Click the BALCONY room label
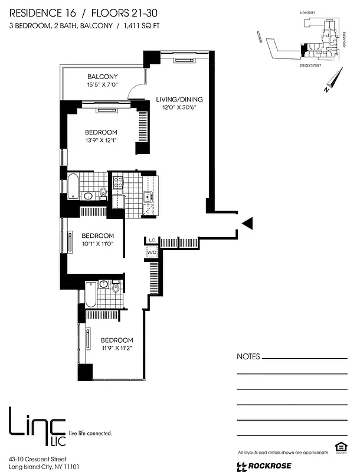[x=103, y=77]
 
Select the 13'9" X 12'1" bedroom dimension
[x=101, y=140]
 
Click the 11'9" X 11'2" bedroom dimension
[x=116, y=348]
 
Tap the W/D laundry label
[x=152, y=253]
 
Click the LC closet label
[x=151, y=240]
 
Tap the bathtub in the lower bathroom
[x=90, y=294]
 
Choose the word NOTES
[x=248, y=357]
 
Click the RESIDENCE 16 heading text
[x=44, y=11]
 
